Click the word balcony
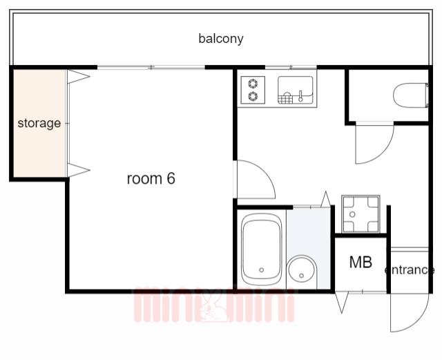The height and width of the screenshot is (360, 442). click(x=221, y=39)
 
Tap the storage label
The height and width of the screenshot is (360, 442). click(x=39, y=123)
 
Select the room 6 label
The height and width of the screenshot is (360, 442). click(x=151, y=178)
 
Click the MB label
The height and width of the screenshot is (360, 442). click(x=361, y=262)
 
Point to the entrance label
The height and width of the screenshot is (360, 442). click(x=410, y=270)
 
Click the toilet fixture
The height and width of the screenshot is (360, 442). click(x=411, y=95)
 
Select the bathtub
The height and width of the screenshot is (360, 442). click(x=262, y=249)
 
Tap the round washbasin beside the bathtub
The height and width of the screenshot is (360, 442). click(x=301, y=269)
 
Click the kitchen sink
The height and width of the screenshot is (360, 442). click(x=295, y=90)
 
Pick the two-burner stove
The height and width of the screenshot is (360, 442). click(x=253, y=90)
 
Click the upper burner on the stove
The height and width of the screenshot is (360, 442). click(x=253, y=84)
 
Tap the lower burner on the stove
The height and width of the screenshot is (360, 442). click(x=253, y=96)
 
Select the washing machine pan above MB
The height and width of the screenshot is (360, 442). click(x=361, y=214)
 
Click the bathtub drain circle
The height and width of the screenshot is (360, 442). click(x=262, y=270)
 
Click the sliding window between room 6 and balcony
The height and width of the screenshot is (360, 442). click(x=151, y=68)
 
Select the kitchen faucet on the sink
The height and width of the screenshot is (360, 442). click(x=301, y=96)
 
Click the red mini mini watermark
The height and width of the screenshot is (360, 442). click(x=214, y=305)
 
